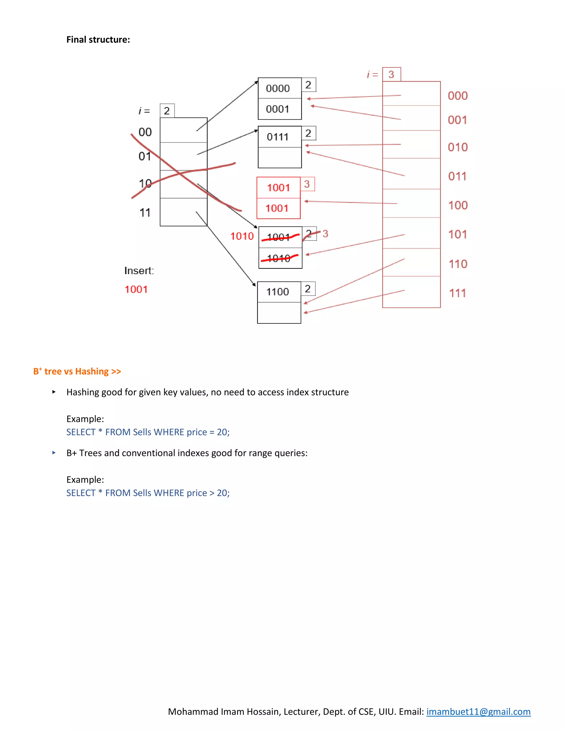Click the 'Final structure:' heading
pyautogui.click(x=98, y=39)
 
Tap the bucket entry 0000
pyautogui.click(x=278, y=89)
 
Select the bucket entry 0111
pyautogui.click(x=277, y=137)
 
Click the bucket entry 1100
pyautogui.click(x=277, y=292)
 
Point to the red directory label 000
pyautogui.click(x=458, y=96)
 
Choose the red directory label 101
pyautogui.click(x=458, y=235)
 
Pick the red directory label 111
pyautogui.click(x=458, y=293)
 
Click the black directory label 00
pyautogui.click(x=145, y=132)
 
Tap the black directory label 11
pyautogui.click(x=145, y=213)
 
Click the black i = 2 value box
pyautogui.click(x=167, y=111)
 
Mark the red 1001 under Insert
pyautogui.click(x=136, y=290)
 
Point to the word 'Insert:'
pyautogui.click(x=139, y=271)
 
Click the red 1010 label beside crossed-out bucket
pyautogui.click(x=242, y=236)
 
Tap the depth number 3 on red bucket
pyautogui.click(x=307, y=184)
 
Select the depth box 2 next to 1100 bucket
pyautogui.click(x=308, y=289)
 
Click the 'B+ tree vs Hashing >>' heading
pyautogui.click(x=77, y=371)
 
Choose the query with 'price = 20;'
pyautogui.click(x=148, y=432)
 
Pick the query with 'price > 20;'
pyautogui.click(x=148, y=493)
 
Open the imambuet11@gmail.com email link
pyautogui.click(x=478, y=712)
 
